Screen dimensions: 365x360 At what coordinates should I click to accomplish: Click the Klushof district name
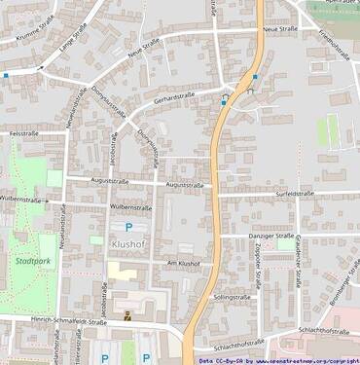point(127,244)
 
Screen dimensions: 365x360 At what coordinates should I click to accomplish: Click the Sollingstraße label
point(233,295)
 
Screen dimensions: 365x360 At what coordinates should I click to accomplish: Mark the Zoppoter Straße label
point(257,269)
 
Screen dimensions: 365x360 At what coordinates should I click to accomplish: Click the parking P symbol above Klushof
point(127,227)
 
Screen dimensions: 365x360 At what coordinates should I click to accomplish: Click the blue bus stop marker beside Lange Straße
point(5,74)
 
